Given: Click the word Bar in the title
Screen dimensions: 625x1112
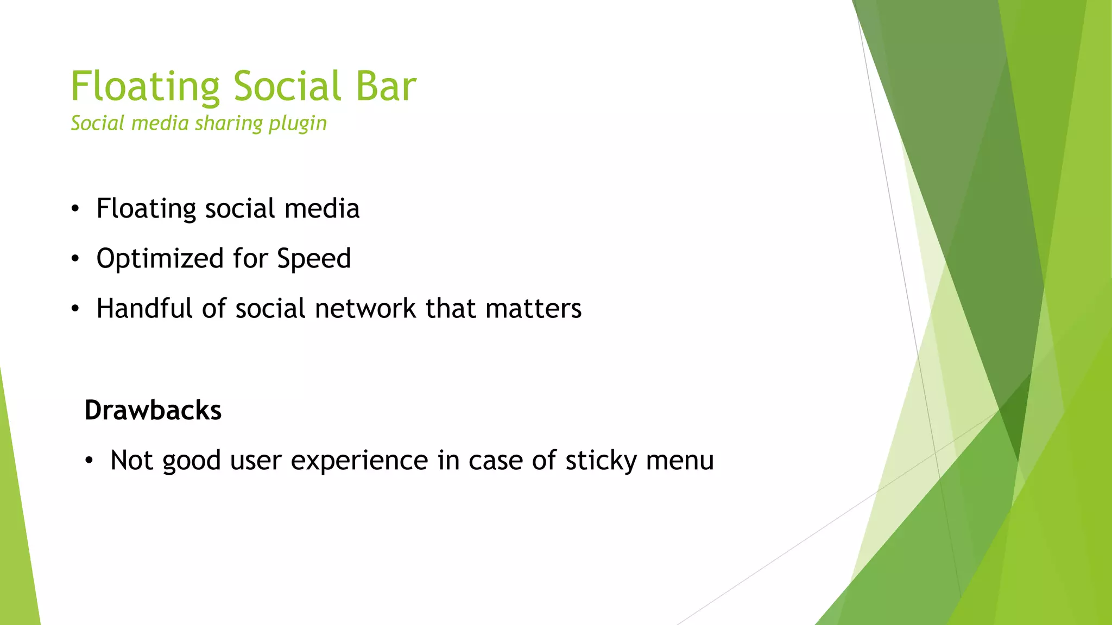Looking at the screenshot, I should [x=386, y=87].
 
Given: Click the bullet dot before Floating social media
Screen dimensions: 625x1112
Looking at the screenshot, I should [x=75, y=209].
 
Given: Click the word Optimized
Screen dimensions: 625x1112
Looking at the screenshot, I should [x=160, y=259].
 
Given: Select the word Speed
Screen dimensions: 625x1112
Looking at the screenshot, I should [x=314, y=259].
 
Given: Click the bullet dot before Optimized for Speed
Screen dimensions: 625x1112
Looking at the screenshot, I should [x=75, y=259].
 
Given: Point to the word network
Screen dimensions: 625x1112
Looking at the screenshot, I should [x=365, y=309].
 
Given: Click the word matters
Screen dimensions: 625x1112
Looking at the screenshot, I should [x=533, y=309].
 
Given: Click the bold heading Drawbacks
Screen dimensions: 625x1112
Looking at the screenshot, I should [x=153, y=410].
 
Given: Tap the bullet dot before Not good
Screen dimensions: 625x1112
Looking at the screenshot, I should [x=89, y=461].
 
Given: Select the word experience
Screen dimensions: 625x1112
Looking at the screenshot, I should [x=359, y=461].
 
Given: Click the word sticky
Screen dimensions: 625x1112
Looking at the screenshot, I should [x=601, y=461].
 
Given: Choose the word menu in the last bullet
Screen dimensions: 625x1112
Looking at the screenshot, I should [x=680, y=461].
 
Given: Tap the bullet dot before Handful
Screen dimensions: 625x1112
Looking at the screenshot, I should [x=75, y=309].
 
